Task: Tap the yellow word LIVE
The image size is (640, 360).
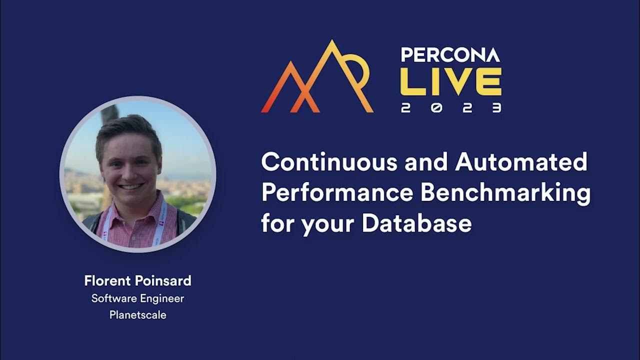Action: tap(450, 82)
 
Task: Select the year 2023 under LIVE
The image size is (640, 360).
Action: tap(450, 108)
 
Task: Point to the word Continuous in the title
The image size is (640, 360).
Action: tap(329, 162)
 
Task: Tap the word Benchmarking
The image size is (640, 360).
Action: tap(505, 193)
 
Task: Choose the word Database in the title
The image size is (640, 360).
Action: tap(416, 223)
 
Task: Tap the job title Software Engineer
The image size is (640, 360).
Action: tap(137, 298)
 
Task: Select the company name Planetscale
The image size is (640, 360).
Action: tap(137, 315)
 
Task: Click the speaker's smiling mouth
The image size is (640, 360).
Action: tap(130, 186)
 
